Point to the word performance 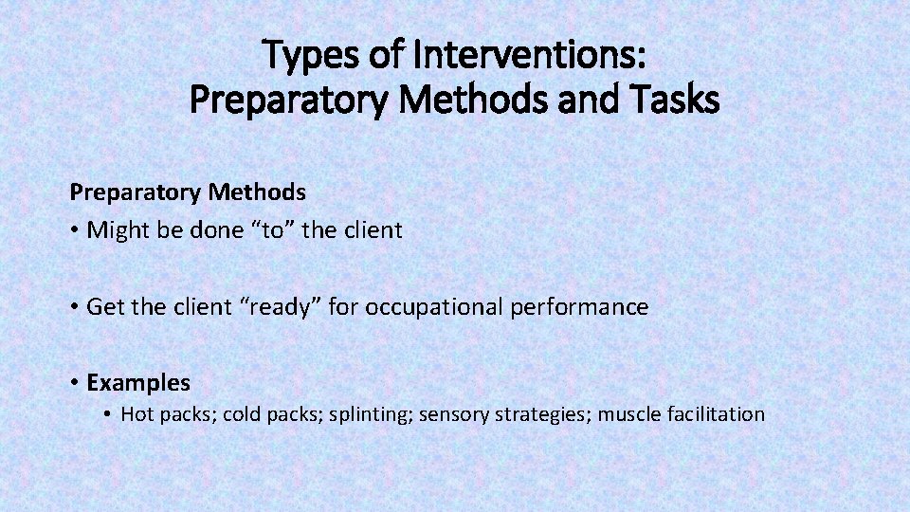tap(588, 307)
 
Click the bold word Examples tap(138, 383)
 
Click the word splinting tap(370, 414)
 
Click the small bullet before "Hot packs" tap(109, 414)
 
